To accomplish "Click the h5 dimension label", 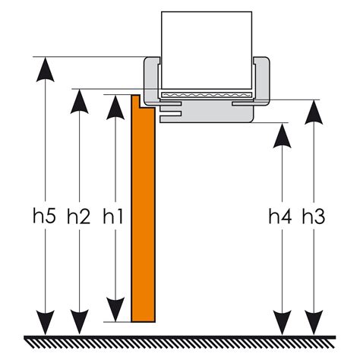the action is tap(45, 216).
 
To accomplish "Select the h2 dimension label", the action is tap(79, 216).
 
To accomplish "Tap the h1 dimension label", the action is tap(113, 216).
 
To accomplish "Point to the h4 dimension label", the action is tap(280, 216).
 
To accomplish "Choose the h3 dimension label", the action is tap(314, 216).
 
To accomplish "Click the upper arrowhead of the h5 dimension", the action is tap(46, 69).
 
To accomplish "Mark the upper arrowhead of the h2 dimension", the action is tap(80, 102).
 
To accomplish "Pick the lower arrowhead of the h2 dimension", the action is tap(80, 322).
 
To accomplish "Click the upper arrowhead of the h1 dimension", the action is tap(115, 107).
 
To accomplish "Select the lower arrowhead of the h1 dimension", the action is tap(115, 310).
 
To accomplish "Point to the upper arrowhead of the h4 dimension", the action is tap(283, 135).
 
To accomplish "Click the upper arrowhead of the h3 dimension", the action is tap(314, 112).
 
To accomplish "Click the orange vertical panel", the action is tap(143, 213).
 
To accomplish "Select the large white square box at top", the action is tap(207, 50).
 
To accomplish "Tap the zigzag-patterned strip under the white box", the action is tap(207, 95).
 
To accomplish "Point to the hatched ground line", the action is tap(180, 342).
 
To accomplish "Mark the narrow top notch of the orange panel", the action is tap(135, 101).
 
